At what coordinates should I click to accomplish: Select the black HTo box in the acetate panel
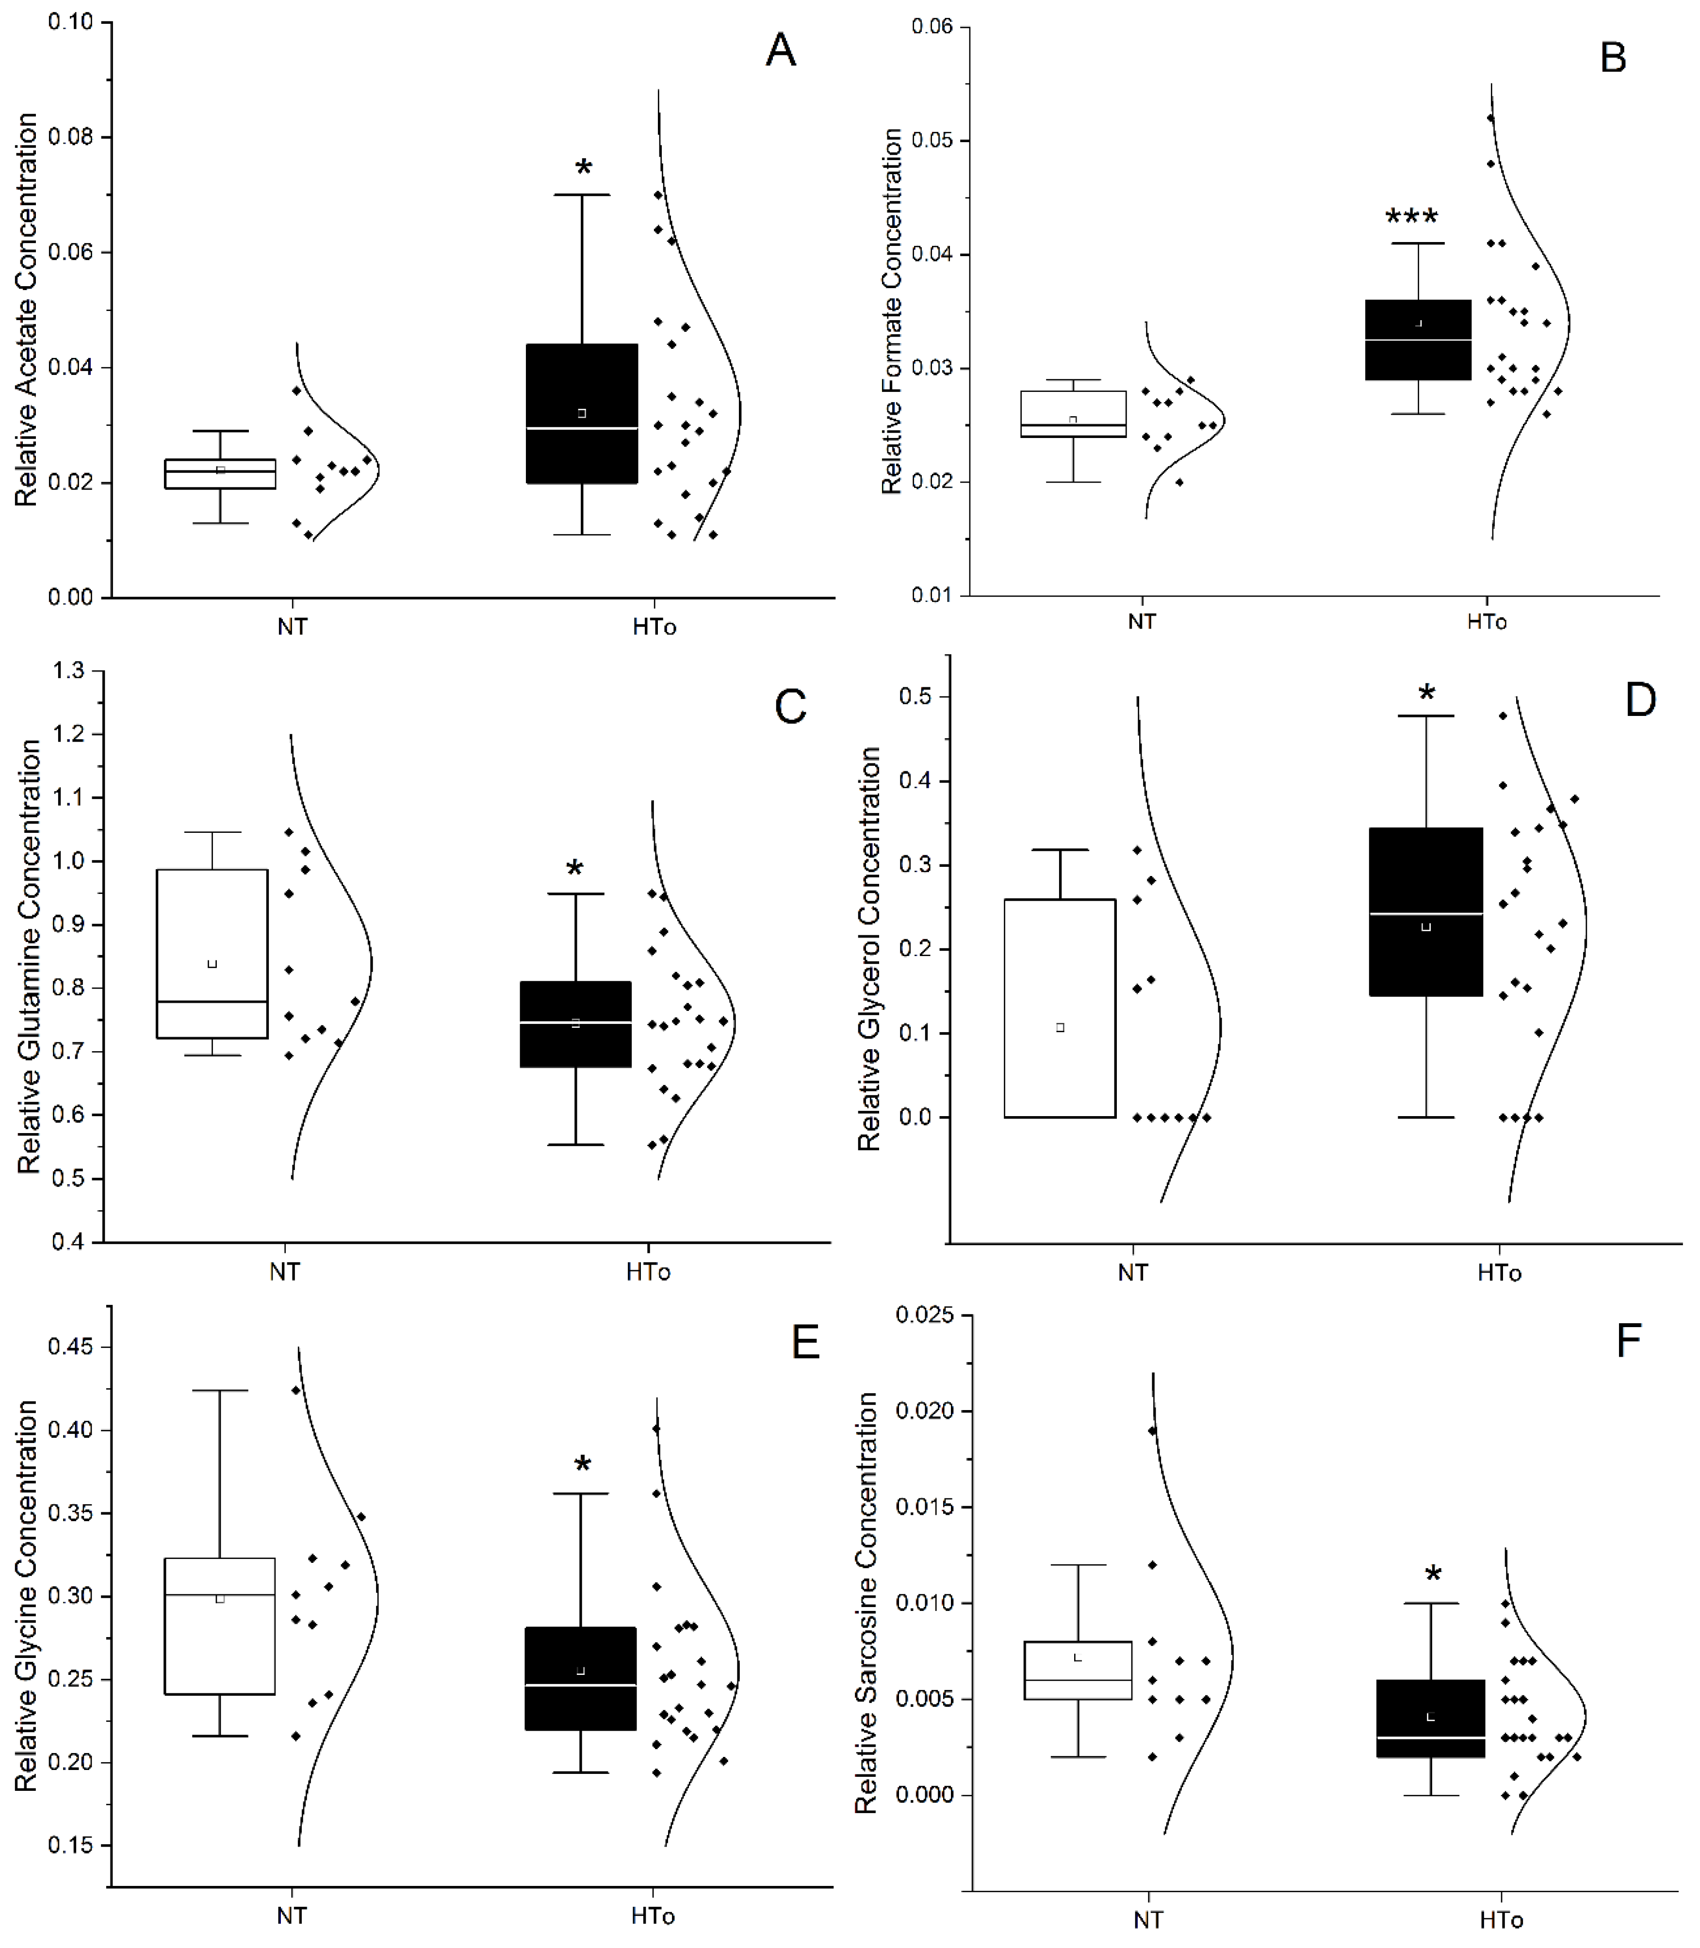click(x=582, y=413)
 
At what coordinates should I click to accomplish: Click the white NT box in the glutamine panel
click(x=212, y=953)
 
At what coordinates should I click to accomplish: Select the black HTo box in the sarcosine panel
click(x=1431, y=1719)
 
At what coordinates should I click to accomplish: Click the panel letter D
click(x=1640, y=700)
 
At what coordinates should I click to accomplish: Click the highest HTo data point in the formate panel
click(x=1490, y=118)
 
